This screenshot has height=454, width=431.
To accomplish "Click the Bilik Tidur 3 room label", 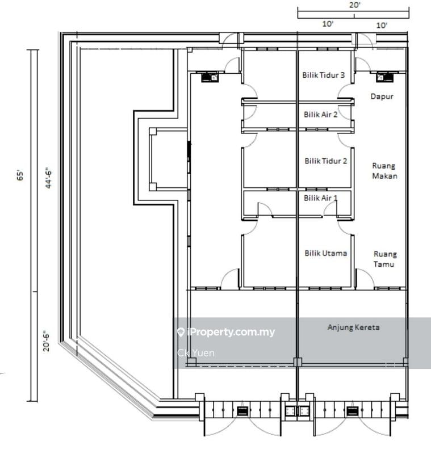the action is [324, 75].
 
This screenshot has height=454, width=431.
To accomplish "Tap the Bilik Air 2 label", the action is [321, 115].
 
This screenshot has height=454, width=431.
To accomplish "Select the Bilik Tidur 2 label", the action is [325, 161].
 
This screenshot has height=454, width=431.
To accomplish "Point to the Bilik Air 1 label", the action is [321, 198].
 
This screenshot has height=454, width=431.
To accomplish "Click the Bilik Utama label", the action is [325, 253].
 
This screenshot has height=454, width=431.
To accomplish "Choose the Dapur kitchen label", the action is [382, 96].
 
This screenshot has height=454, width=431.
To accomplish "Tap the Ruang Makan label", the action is [384, 171].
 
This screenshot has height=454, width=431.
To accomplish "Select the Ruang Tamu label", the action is [384, 259].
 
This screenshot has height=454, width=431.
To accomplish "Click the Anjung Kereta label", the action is [353, 327].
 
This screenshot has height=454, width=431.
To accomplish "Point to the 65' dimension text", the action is [20, 176].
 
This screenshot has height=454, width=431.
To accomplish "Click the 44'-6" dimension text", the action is [48, 178].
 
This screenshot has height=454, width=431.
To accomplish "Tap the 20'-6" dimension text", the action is [47, 341].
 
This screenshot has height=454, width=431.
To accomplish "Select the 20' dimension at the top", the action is [354, 5].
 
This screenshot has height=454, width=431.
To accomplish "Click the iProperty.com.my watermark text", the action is [231, 332].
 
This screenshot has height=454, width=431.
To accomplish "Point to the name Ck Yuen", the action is [196, 353].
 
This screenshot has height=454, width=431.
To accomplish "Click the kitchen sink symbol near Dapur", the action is [384, 77].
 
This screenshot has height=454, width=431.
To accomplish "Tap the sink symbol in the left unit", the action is [210, 77].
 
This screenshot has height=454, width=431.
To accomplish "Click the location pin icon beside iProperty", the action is [181, 332].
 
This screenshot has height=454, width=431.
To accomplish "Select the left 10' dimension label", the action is [328, 24].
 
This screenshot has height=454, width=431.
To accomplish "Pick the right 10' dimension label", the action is [382, 26].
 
